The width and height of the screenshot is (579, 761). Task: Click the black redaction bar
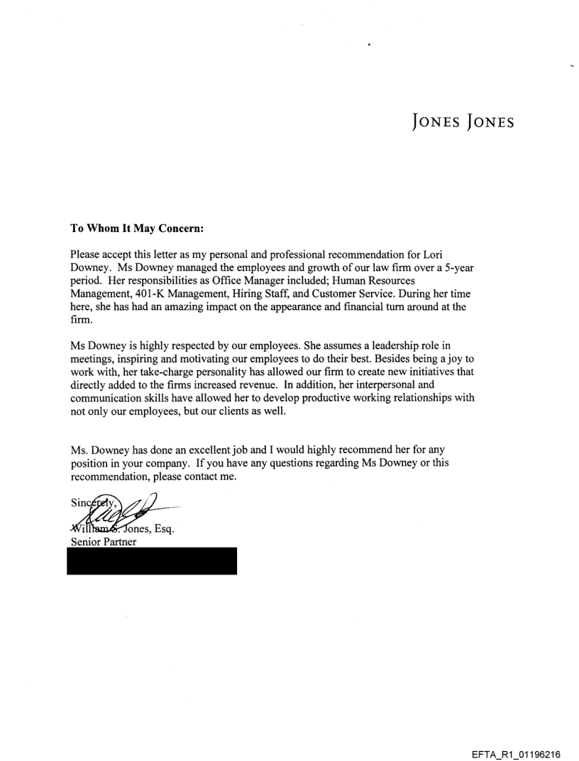[x=152, y=560]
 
